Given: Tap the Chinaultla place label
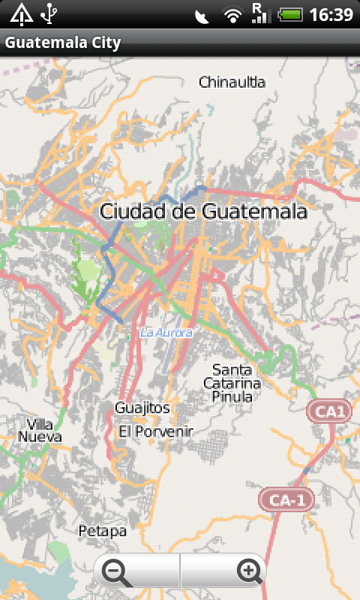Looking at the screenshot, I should (232, 82).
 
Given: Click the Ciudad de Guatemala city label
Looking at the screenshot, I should (203, 211).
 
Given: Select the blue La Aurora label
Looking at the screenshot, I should (166, 332).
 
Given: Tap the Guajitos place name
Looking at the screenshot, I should (142, 408).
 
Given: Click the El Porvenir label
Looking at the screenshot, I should (156, 431).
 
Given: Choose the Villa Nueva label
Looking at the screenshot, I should (40, 430).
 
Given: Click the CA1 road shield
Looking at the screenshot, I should (329, 411).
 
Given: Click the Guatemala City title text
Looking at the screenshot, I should (63, 43).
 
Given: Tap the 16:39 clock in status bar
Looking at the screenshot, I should (330, 14).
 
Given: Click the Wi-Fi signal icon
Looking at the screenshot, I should (234, 14).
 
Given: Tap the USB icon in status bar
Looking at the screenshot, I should (50, 13).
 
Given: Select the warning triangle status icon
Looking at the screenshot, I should (21, 13).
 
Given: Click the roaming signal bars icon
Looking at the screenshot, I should (260, 13).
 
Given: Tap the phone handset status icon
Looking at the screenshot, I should (202, 15).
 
